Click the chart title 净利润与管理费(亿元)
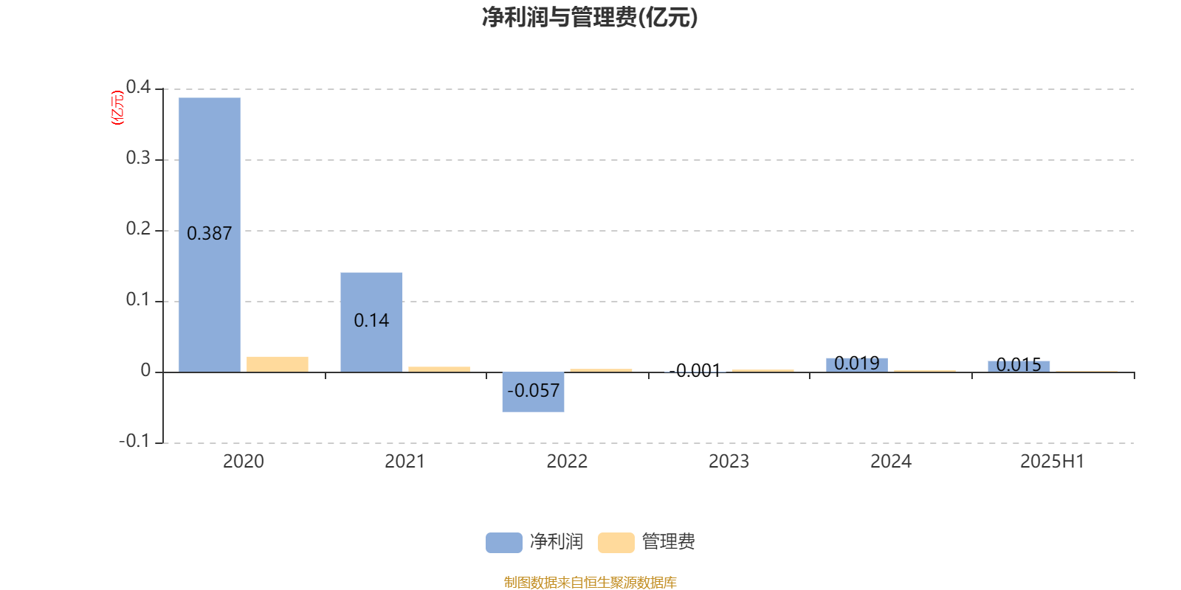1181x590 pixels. (590, 18)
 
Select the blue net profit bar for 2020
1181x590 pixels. (210, 235)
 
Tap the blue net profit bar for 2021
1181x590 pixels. (371, 322)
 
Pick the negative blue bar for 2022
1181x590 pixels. (533, 392)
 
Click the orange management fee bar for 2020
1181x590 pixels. (278, 364)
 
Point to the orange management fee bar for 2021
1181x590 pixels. (439, 369)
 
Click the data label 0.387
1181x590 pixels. (210, 233)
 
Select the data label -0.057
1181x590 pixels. (533, 390)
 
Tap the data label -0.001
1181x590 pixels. (695, 371)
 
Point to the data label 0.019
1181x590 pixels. (857, 363)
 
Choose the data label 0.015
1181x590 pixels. (1019, 364)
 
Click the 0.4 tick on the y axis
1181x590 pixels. (138, 87)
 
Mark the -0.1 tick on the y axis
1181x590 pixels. (134, 441)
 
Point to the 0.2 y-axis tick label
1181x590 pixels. (138, 229)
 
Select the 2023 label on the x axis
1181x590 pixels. (729, 462)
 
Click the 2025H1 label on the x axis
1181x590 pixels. (1053, 462)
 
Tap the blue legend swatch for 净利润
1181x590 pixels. (504, 543)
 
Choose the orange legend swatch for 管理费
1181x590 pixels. (616, 543)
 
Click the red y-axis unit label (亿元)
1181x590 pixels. (117, 108)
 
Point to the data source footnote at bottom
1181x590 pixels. (590, 582)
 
